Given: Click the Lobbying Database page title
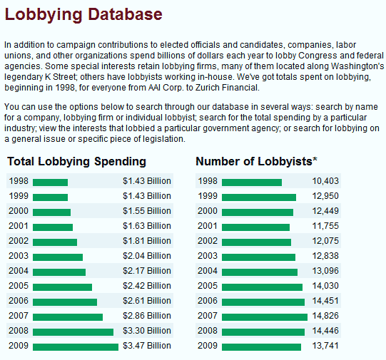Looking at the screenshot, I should coord(83,14).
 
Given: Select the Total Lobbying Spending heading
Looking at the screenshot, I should coord(76,161).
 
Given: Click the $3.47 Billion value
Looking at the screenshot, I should coord(147,346).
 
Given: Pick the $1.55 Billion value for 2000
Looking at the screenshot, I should coord(147,211).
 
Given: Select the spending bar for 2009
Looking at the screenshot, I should coord(76,346).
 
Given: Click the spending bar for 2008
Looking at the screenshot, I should coord(73,331).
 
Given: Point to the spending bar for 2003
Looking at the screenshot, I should coord(58,257).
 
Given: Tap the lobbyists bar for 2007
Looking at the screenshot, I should coord(264,317).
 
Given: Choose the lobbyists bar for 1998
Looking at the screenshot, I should coord(252,182).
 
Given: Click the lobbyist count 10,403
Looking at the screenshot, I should coord(325,181).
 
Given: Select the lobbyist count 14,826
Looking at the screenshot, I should coord(325,316).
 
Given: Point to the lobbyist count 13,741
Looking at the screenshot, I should coord(325,346).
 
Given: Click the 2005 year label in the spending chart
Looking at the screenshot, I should coord(19,286).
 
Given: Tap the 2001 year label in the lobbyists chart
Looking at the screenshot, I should coord(207,226).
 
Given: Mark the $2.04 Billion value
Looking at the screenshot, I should coord(147,256).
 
